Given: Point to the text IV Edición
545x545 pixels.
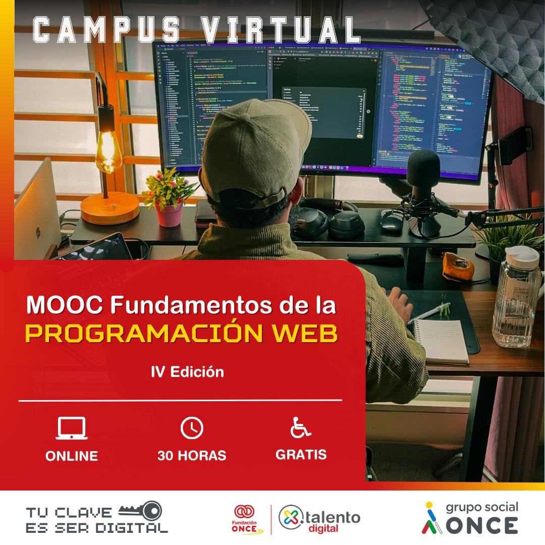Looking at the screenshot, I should click(x=187, y=372).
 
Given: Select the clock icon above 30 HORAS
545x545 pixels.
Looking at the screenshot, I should click(x=192, y=428).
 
